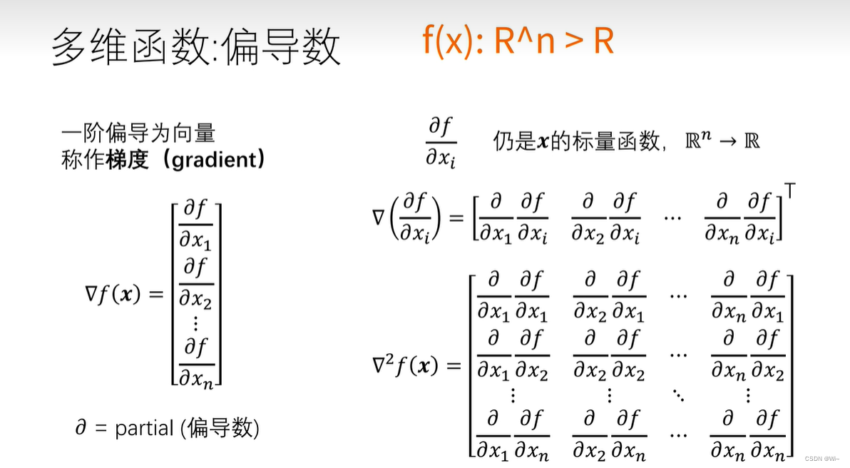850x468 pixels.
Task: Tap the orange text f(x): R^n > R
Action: click(x=518, y=42)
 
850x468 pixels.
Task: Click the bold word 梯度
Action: click(x=127, y=160)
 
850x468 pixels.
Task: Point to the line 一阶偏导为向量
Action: click(x=138, y=133)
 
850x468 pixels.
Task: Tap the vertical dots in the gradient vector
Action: click(x=195, y=323)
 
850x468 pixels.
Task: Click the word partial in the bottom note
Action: click(x=144, y=428)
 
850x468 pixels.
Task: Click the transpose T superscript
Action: click(x=790, y=191)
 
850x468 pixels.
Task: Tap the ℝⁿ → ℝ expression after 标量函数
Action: click(x=722, y=141)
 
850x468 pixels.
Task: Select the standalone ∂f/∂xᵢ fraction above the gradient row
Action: click(x=441, y=143)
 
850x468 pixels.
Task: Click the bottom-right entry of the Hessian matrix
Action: click(x=747, y=435)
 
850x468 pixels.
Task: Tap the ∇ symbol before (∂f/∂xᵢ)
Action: click(x=378, y=216)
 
